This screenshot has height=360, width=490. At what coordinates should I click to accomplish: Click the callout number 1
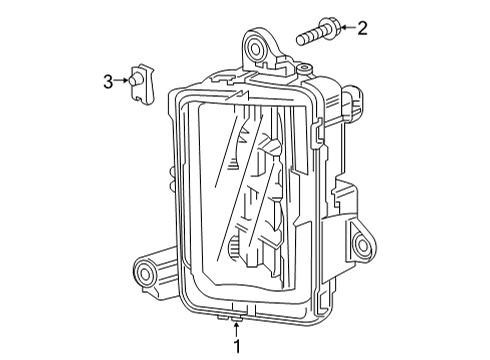pyautogui.click(x=237, y=346)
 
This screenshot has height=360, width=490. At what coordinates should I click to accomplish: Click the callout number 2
pyautogui.click(x=361, y=28)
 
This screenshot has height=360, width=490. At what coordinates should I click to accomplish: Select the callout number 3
pyautogui.click(x=107, y=82)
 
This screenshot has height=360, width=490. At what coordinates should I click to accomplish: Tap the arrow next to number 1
pyautogui.click(x=237, y=327)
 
